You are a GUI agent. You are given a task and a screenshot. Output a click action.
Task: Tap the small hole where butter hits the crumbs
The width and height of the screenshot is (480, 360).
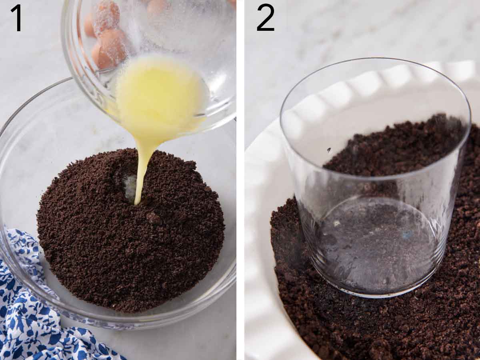[x=130, y=188]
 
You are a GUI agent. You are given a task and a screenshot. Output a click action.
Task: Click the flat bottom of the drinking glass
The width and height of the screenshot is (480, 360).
[x=376, y=248]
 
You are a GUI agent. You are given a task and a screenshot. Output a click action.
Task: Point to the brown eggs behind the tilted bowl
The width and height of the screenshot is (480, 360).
[x=106, y=44]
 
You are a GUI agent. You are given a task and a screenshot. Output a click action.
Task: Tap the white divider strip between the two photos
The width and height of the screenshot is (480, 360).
[x=240, y=180]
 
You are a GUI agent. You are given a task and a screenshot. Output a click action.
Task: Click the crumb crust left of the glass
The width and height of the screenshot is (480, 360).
[x=288, y=248]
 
